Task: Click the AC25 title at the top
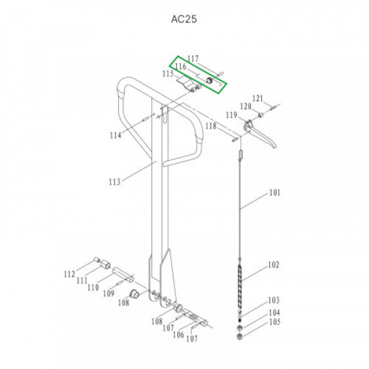[x=184, y=19]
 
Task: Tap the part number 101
[x=275, y=192]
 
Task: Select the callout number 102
[x=274, y=265]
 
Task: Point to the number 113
[x=114, y=181]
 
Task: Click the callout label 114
[x=116, y=135]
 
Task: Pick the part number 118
[x=210, y=126]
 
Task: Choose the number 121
[x=258, y=98]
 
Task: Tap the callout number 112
[x=69, y=274]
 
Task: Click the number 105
[x=275, y=322]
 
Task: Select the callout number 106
[x=178, y=335]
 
